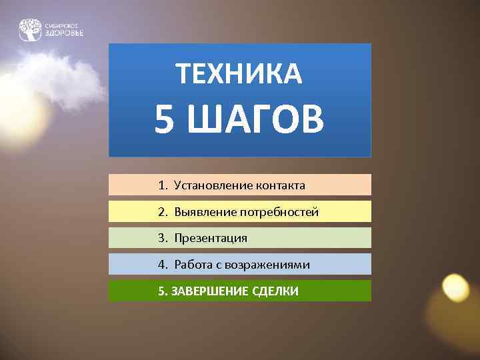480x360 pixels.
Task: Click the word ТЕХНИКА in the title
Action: click(x=240, y=74)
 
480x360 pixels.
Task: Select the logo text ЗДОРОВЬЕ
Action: click(x=65, y=33)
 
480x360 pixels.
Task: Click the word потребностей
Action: click(x=277, y=212)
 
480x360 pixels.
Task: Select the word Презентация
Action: click(x=211, y=238)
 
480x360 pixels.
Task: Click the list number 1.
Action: click(x=163, y=185)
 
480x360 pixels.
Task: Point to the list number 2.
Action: click(x=163, y=212)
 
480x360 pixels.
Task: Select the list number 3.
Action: click(x=163, y=238)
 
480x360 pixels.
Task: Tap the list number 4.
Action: click(x=163, y=265)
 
